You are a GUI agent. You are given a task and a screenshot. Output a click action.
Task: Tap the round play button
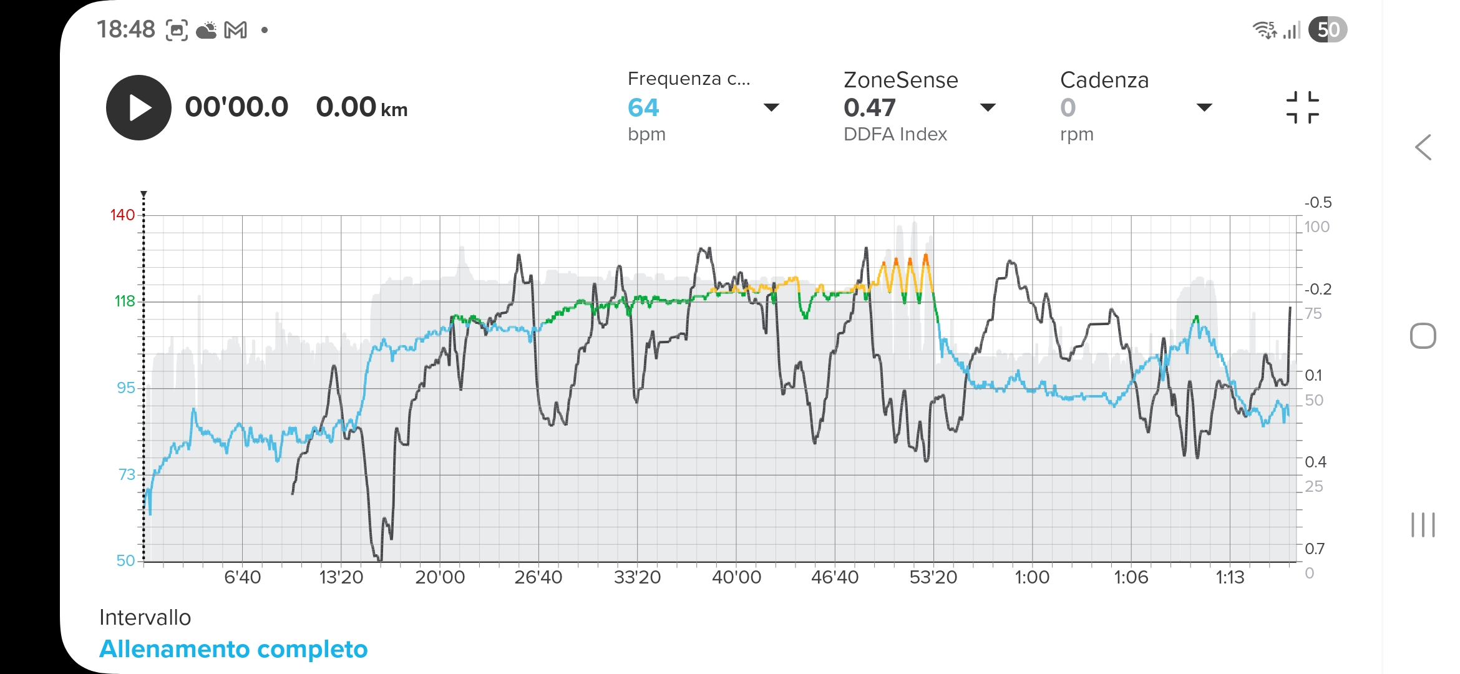pos(139,107)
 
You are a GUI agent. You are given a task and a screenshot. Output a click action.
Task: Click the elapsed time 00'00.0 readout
pos(236,107)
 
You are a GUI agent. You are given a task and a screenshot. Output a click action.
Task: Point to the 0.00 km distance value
pos(361,107)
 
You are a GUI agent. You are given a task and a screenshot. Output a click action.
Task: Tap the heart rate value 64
pos(643,108)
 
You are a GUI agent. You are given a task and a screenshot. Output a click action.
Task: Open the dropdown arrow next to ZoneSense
pos(988,107)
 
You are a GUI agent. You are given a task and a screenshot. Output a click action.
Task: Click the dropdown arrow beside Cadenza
pos(1204,107)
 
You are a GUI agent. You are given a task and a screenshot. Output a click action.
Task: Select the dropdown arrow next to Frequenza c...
pos(771,107)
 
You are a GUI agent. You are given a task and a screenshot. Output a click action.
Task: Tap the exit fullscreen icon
pos(1302,107)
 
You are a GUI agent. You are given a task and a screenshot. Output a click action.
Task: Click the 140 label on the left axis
pos(122,215)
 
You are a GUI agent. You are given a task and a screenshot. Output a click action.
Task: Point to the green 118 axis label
pos(124,301)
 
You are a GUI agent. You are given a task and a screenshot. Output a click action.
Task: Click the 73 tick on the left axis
pos(126,475)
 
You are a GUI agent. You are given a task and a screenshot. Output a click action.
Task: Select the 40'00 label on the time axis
pos(736,577)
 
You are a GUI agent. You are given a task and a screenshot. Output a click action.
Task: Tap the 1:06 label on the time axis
pos(1131,577)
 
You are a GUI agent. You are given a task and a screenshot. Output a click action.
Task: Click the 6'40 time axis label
pos(242,577)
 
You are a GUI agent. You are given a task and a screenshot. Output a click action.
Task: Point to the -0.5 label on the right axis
pos(1317,203)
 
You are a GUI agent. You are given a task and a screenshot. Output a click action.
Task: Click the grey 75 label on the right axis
pos(1313,314)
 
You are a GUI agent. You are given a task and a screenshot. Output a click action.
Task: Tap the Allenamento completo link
pos(233,649)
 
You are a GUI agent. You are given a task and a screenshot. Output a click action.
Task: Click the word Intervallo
pos(145,617)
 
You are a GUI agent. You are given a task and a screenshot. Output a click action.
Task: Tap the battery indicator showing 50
pos(1328,30)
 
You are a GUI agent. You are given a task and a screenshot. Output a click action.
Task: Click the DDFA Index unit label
pos(895,134)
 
